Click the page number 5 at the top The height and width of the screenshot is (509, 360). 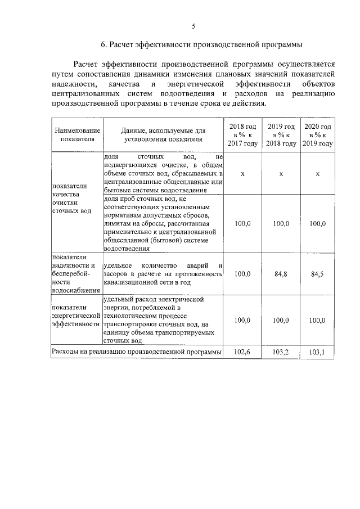193,26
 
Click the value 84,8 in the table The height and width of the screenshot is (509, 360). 281,274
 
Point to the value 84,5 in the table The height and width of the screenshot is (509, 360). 318,274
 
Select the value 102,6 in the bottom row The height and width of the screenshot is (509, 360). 242,352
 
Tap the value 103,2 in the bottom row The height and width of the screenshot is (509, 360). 281,352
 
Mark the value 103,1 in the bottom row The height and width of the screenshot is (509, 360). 318,352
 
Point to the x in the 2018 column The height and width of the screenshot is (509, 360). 242,174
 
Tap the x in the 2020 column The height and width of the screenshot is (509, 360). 318,174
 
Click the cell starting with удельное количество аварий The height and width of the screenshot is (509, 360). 163,274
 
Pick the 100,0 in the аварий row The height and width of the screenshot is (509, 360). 242,274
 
